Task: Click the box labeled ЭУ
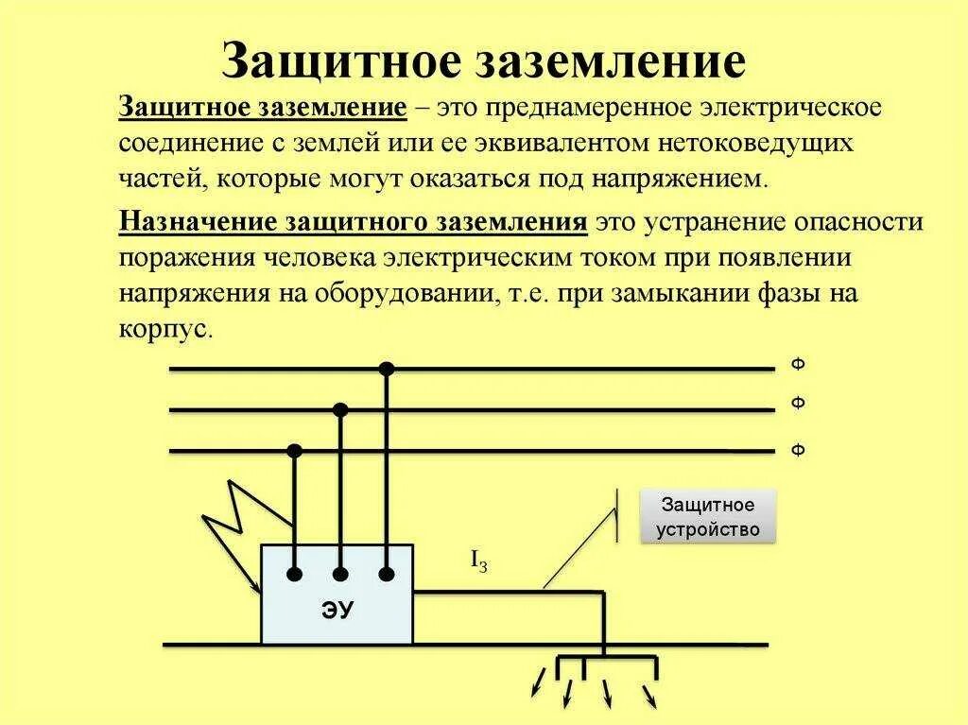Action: click(337, 596)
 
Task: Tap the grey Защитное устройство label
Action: click(708, 516)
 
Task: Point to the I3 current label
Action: click(479, 561)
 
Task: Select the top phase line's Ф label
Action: click(798, 365)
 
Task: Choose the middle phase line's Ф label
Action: click(798, 404)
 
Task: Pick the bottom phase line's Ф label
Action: click(798, 450)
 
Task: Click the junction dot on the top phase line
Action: click(386, 368)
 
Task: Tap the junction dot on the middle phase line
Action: click(340, 409)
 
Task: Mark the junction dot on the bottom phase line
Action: click(295, 451)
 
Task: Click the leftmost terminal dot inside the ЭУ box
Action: click(295, 574)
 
